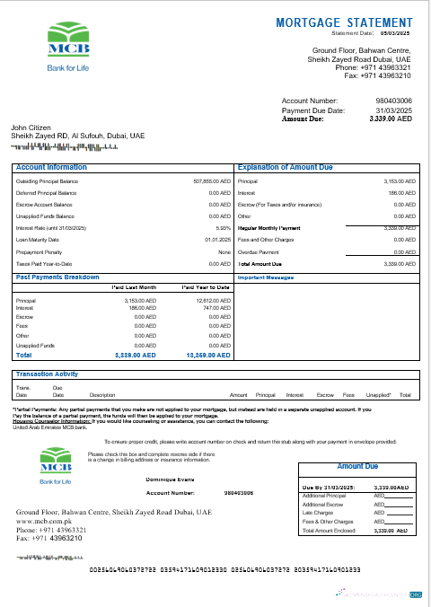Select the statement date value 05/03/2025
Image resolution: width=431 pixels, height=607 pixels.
(402, 31)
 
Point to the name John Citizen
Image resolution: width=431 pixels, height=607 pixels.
(31, 128)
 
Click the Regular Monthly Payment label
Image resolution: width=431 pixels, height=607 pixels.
(270, 228)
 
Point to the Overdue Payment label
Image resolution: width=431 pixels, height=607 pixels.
(259, 251)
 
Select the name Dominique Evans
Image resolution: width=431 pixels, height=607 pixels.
(170, 482)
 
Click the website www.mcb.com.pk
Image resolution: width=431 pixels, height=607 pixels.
(44, 521)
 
